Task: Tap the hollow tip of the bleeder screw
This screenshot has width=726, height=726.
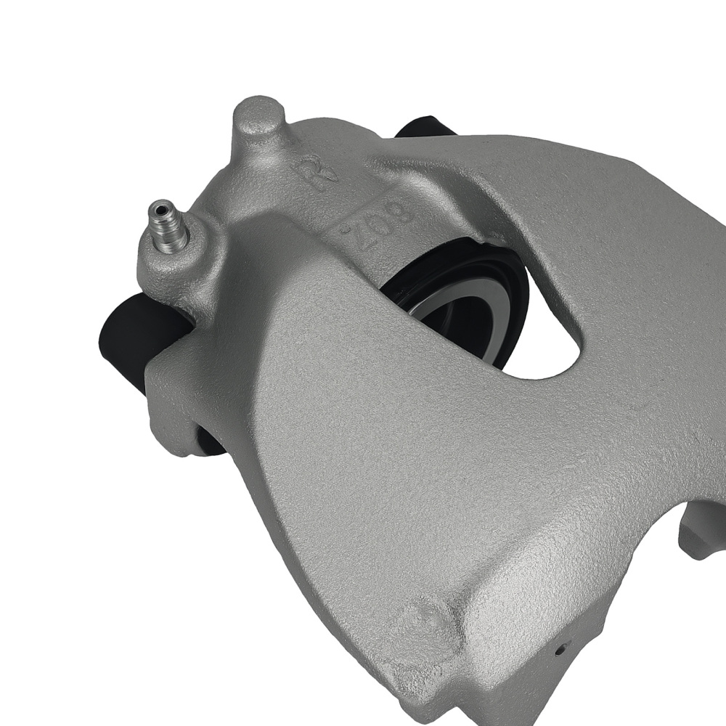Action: pyautogui.click(x=160, y=208)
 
